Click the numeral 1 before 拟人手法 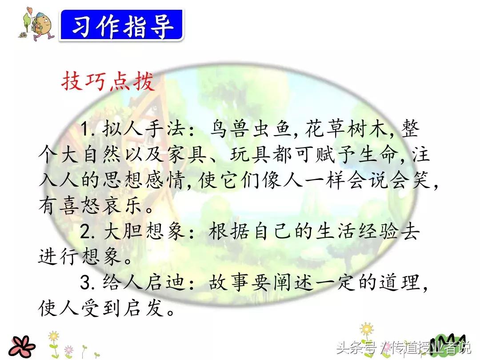(x=85, y=131)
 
